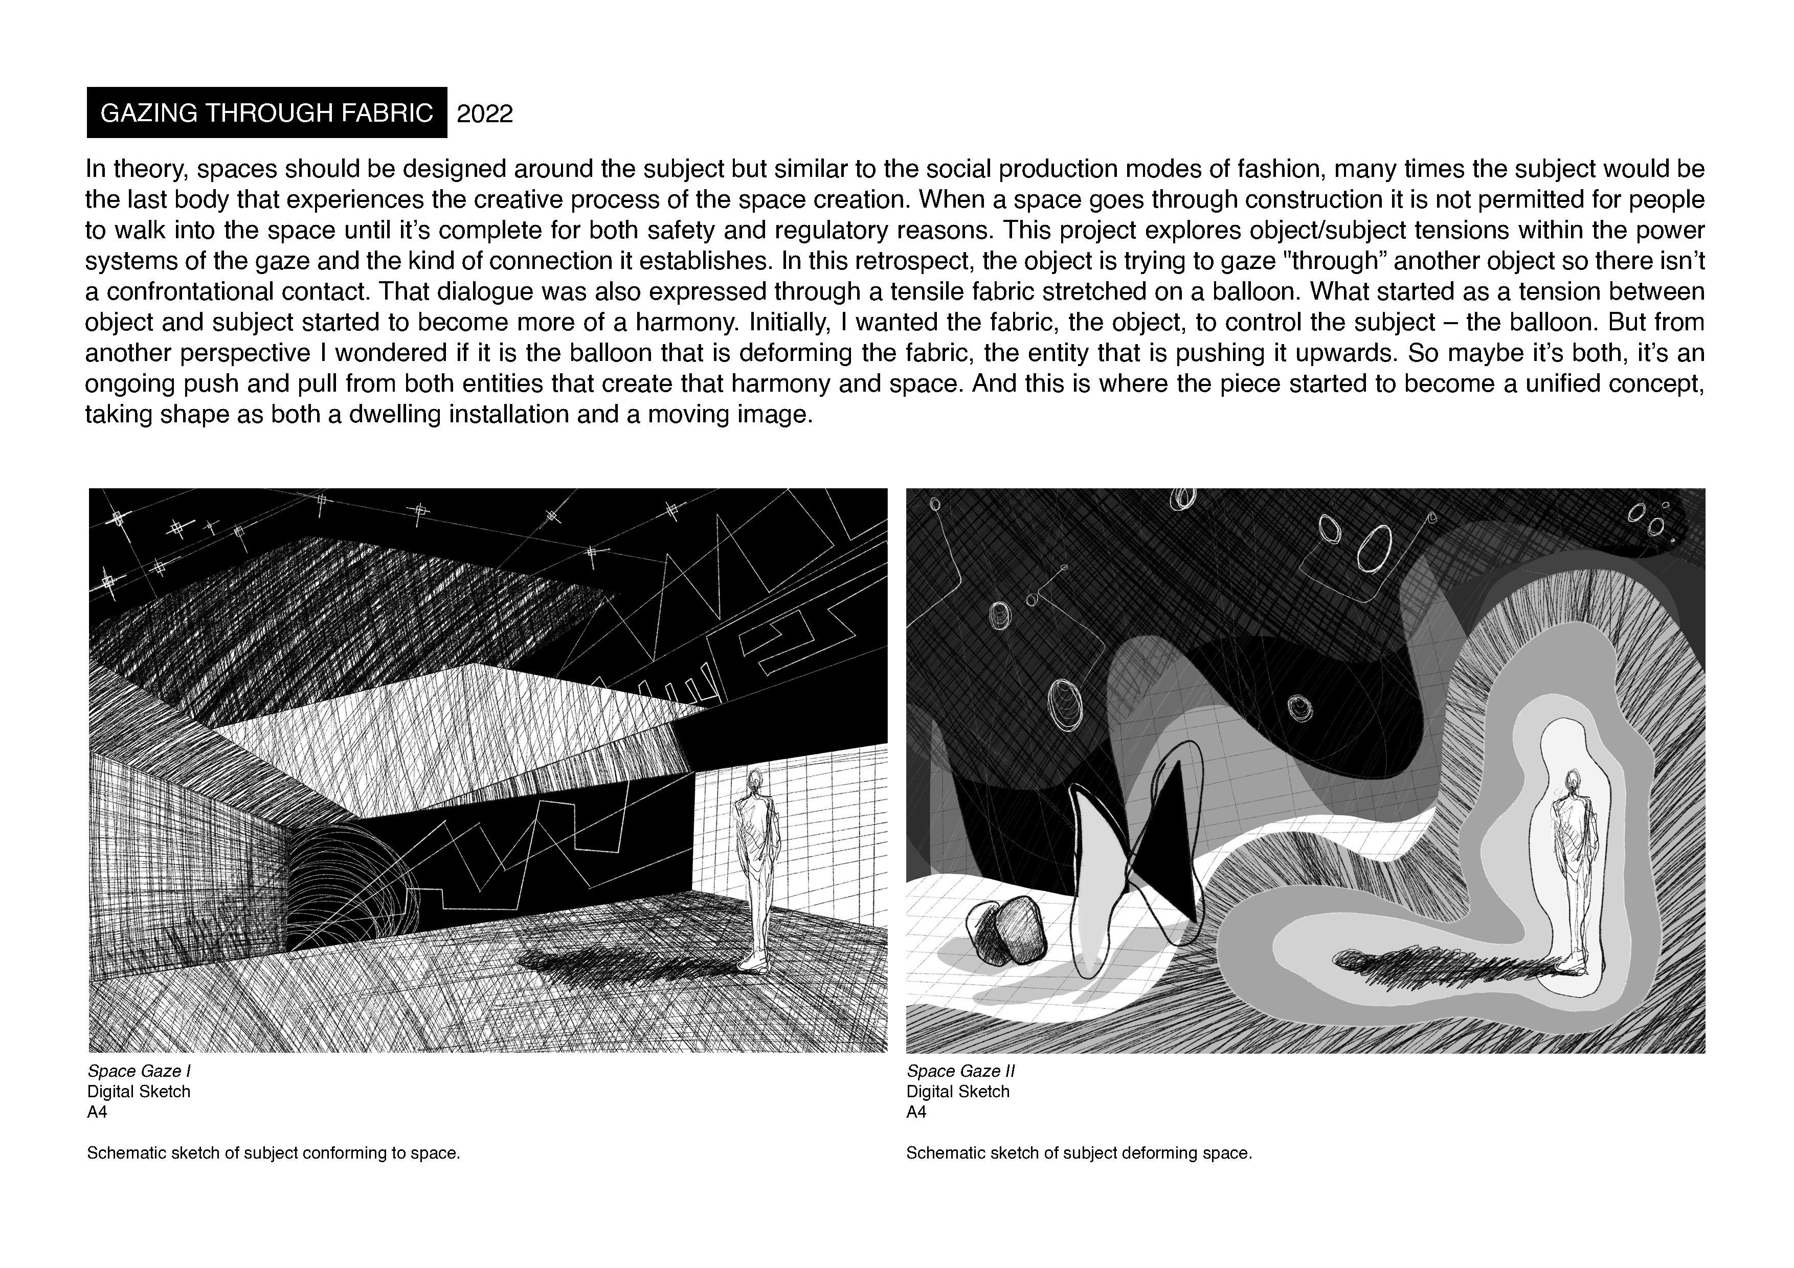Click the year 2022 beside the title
point(484,114)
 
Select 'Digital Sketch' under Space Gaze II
point(958,1092)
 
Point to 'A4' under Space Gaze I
point(97,1112)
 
